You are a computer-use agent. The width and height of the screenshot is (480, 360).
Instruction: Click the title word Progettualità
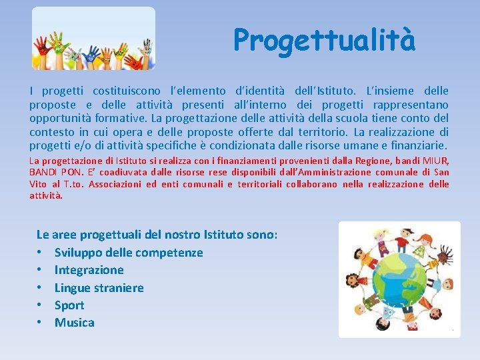pos(324,40)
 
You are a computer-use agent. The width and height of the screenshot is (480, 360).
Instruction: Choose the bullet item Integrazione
pos(89,270)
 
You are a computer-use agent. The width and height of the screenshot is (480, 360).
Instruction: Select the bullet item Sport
pos(69,305)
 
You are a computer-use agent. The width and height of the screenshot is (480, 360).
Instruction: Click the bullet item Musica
pos(74,323)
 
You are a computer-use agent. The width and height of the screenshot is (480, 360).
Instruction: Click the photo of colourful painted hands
pos(93,39)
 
